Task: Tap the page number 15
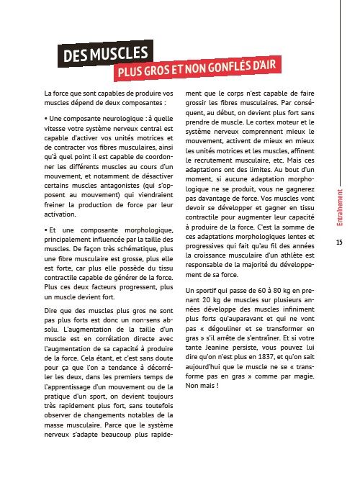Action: tap(338, 243)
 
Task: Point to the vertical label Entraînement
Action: tap(338, 209)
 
